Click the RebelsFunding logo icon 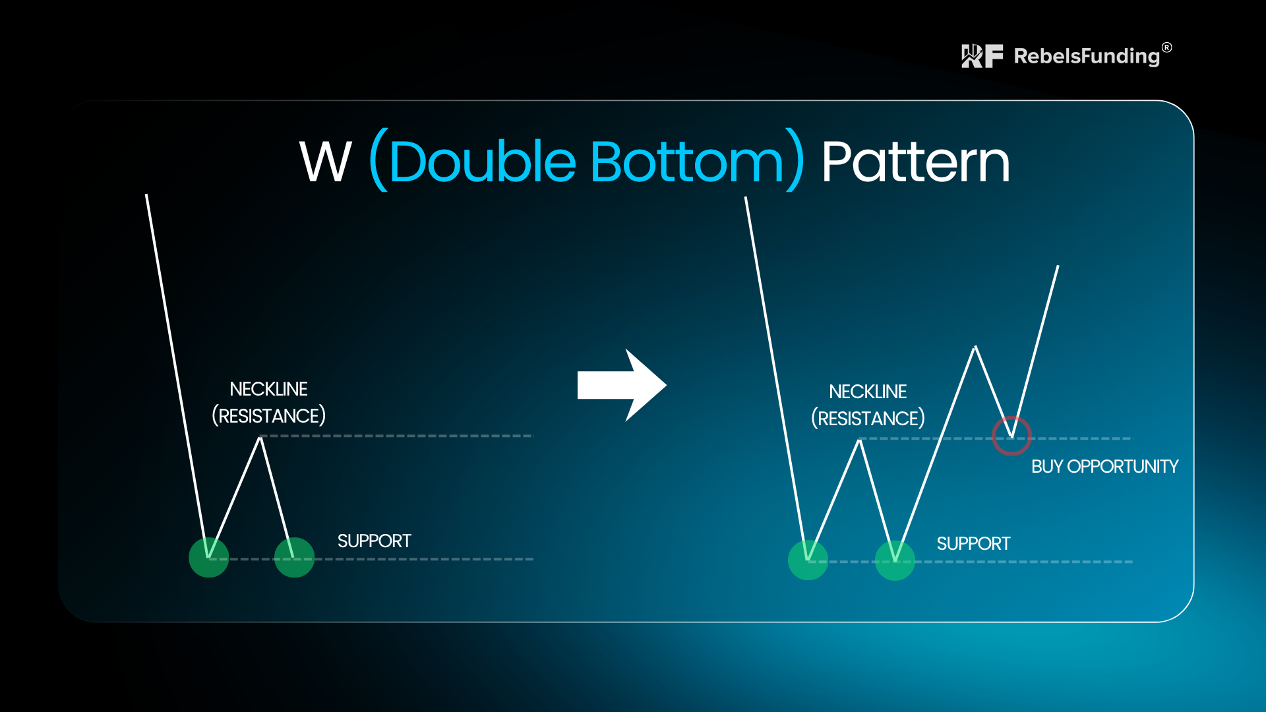point(982,56)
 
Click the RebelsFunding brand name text point(1087,57)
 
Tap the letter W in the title point(326,162)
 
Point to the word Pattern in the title point(915,162)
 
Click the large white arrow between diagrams point(622,385)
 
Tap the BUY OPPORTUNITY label point(1104,467)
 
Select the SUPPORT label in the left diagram point(374,541)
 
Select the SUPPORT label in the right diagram point(973,544)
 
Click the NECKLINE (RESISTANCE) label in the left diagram point(268,402)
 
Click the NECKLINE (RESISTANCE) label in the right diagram point(868,405)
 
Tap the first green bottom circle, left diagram point(208,558)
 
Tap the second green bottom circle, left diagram point(294,558)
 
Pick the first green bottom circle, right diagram point(808,560)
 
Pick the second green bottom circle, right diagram point(895,560)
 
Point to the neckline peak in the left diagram point(261,438)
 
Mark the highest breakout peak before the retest point(975,347)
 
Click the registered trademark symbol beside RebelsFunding point(1167,47)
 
